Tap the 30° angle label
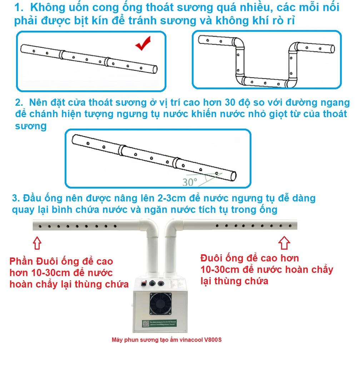click(x=190, y=182)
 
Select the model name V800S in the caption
click(x=213, y=340)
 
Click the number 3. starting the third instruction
click(x=16, y=198)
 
